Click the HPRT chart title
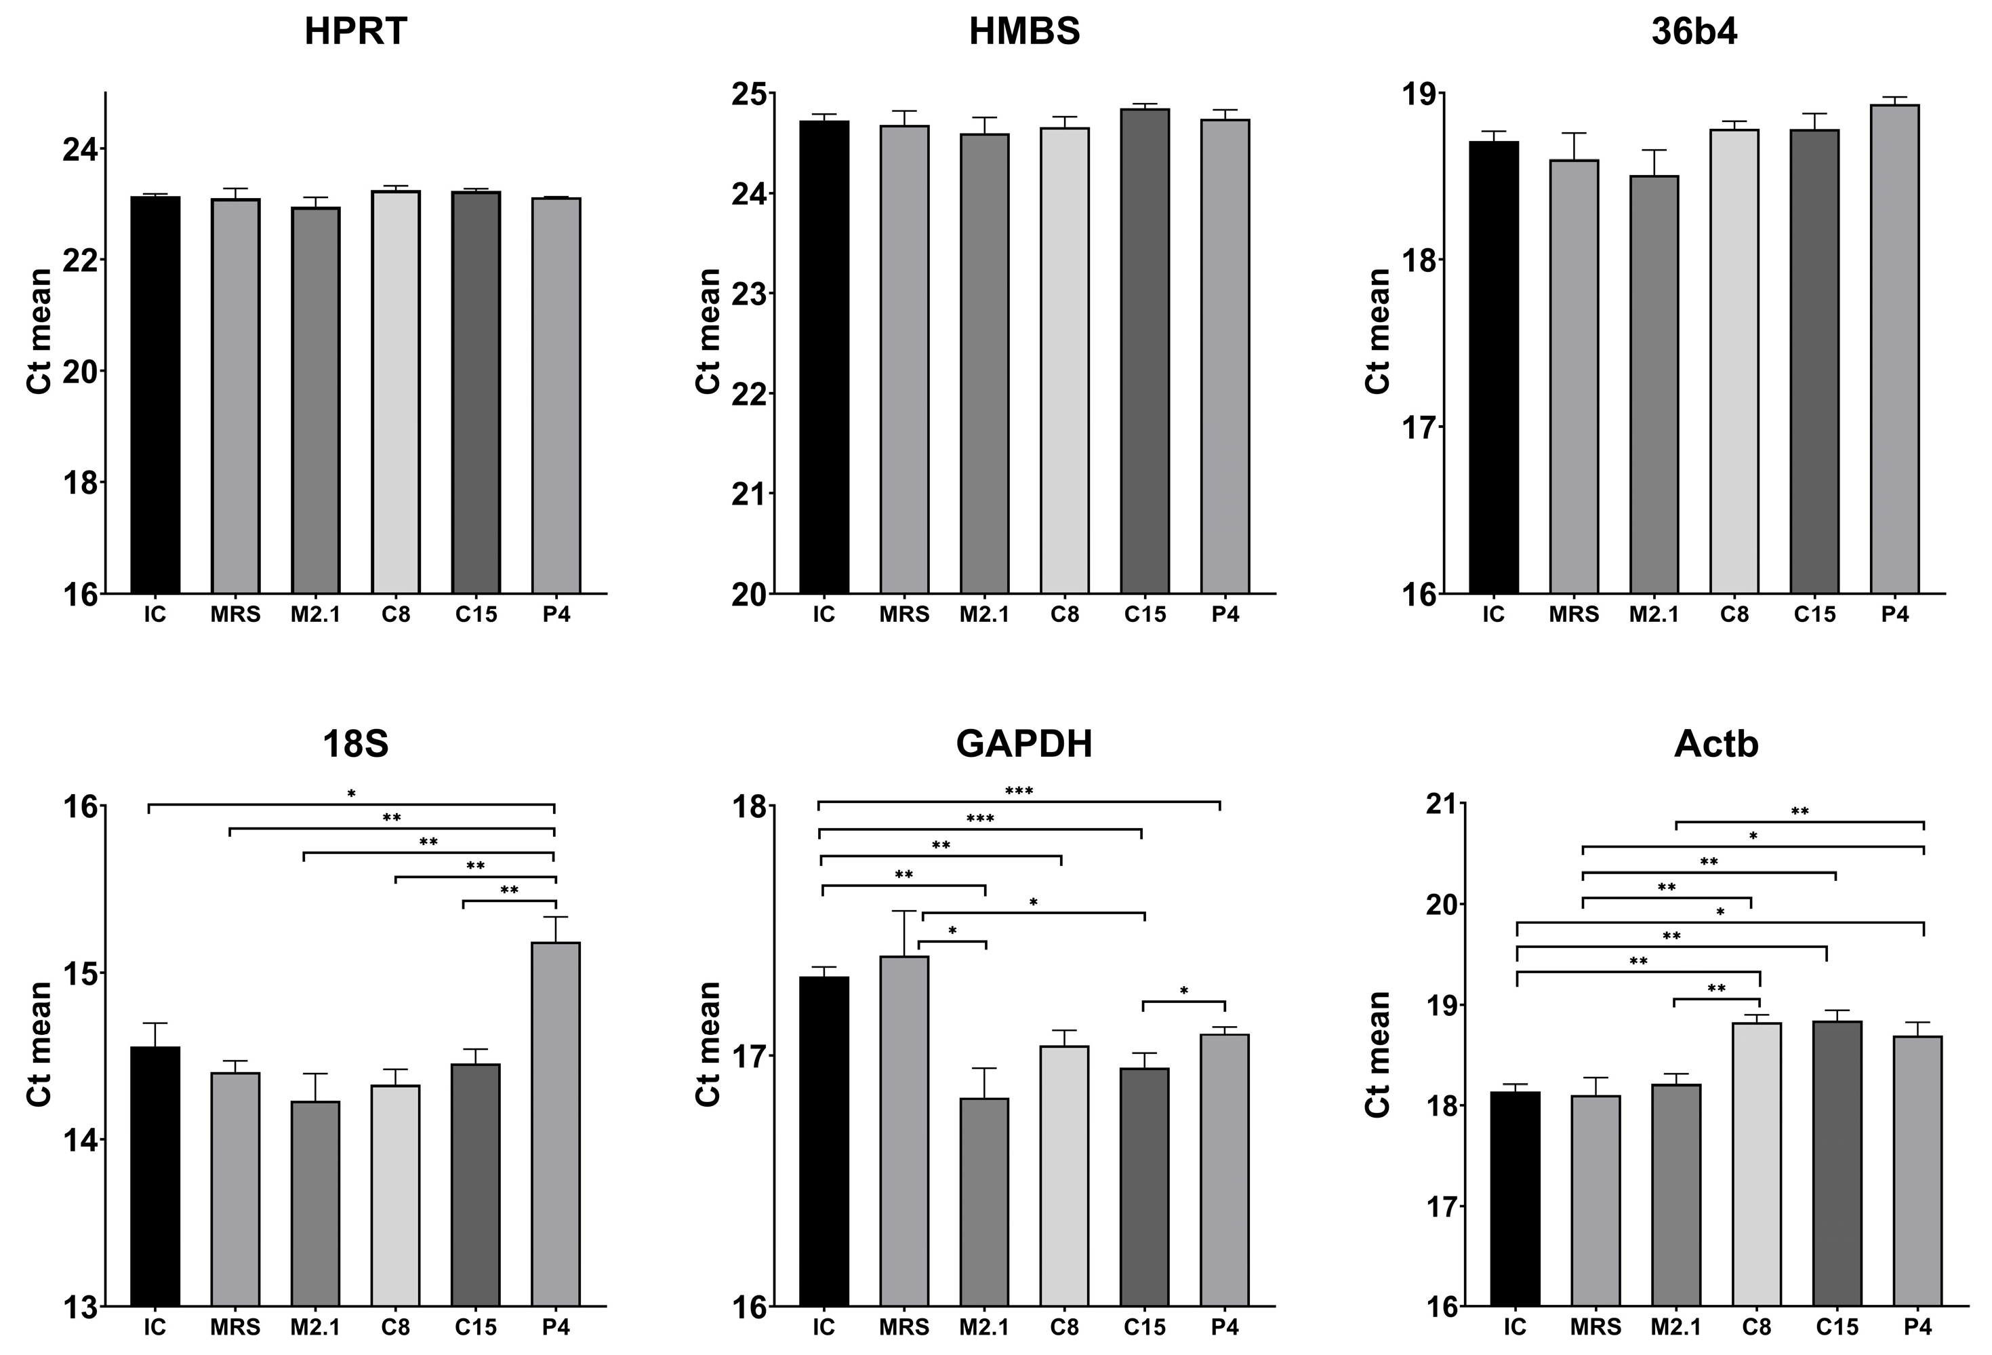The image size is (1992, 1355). pos(356,33)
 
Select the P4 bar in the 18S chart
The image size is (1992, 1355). pos(555,1124)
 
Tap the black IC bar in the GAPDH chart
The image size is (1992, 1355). pos(824,1141)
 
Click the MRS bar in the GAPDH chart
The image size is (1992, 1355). pos(904,1132)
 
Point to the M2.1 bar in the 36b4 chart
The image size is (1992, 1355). pos(1653,386)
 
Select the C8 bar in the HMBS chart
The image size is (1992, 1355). pos(1065,360)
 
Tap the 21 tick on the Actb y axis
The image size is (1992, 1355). pos(1438,804)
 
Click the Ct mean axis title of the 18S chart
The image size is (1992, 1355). pos(39,1044)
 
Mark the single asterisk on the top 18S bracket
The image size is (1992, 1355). pos(351,795)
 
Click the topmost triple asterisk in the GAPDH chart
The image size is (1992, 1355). pos(1018,791)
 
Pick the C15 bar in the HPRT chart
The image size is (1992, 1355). pos(476,393)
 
